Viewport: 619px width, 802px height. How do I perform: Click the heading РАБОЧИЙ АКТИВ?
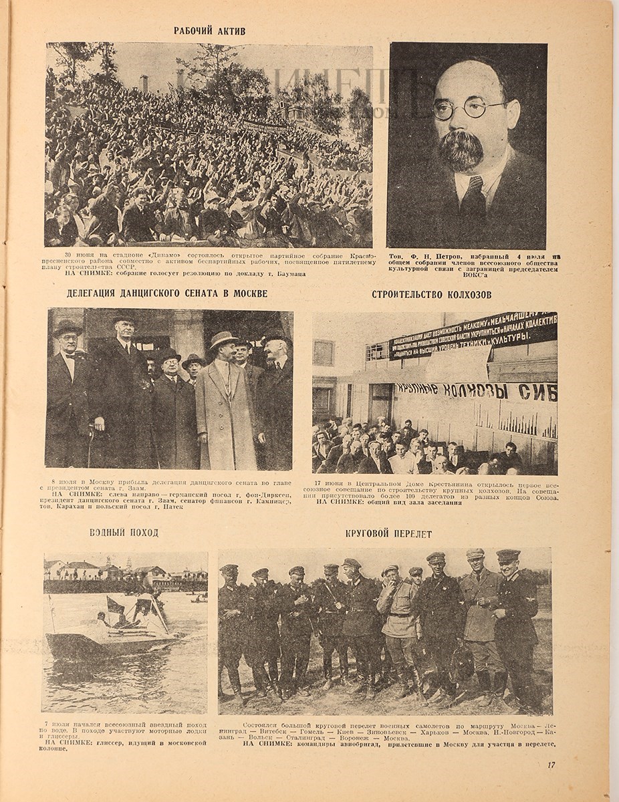point(209,31)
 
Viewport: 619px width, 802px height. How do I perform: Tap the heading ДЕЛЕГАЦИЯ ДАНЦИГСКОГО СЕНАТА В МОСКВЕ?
point(167,293)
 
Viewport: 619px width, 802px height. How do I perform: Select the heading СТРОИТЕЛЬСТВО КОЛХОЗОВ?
point(426,294)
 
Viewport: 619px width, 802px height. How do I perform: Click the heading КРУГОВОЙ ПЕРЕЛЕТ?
point(388,534)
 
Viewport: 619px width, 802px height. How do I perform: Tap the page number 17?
point(550,765)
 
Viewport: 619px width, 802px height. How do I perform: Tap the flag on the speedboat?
point(116,606)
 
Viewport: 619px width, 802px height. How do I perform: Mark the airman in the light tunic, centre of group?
point(398,622)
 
